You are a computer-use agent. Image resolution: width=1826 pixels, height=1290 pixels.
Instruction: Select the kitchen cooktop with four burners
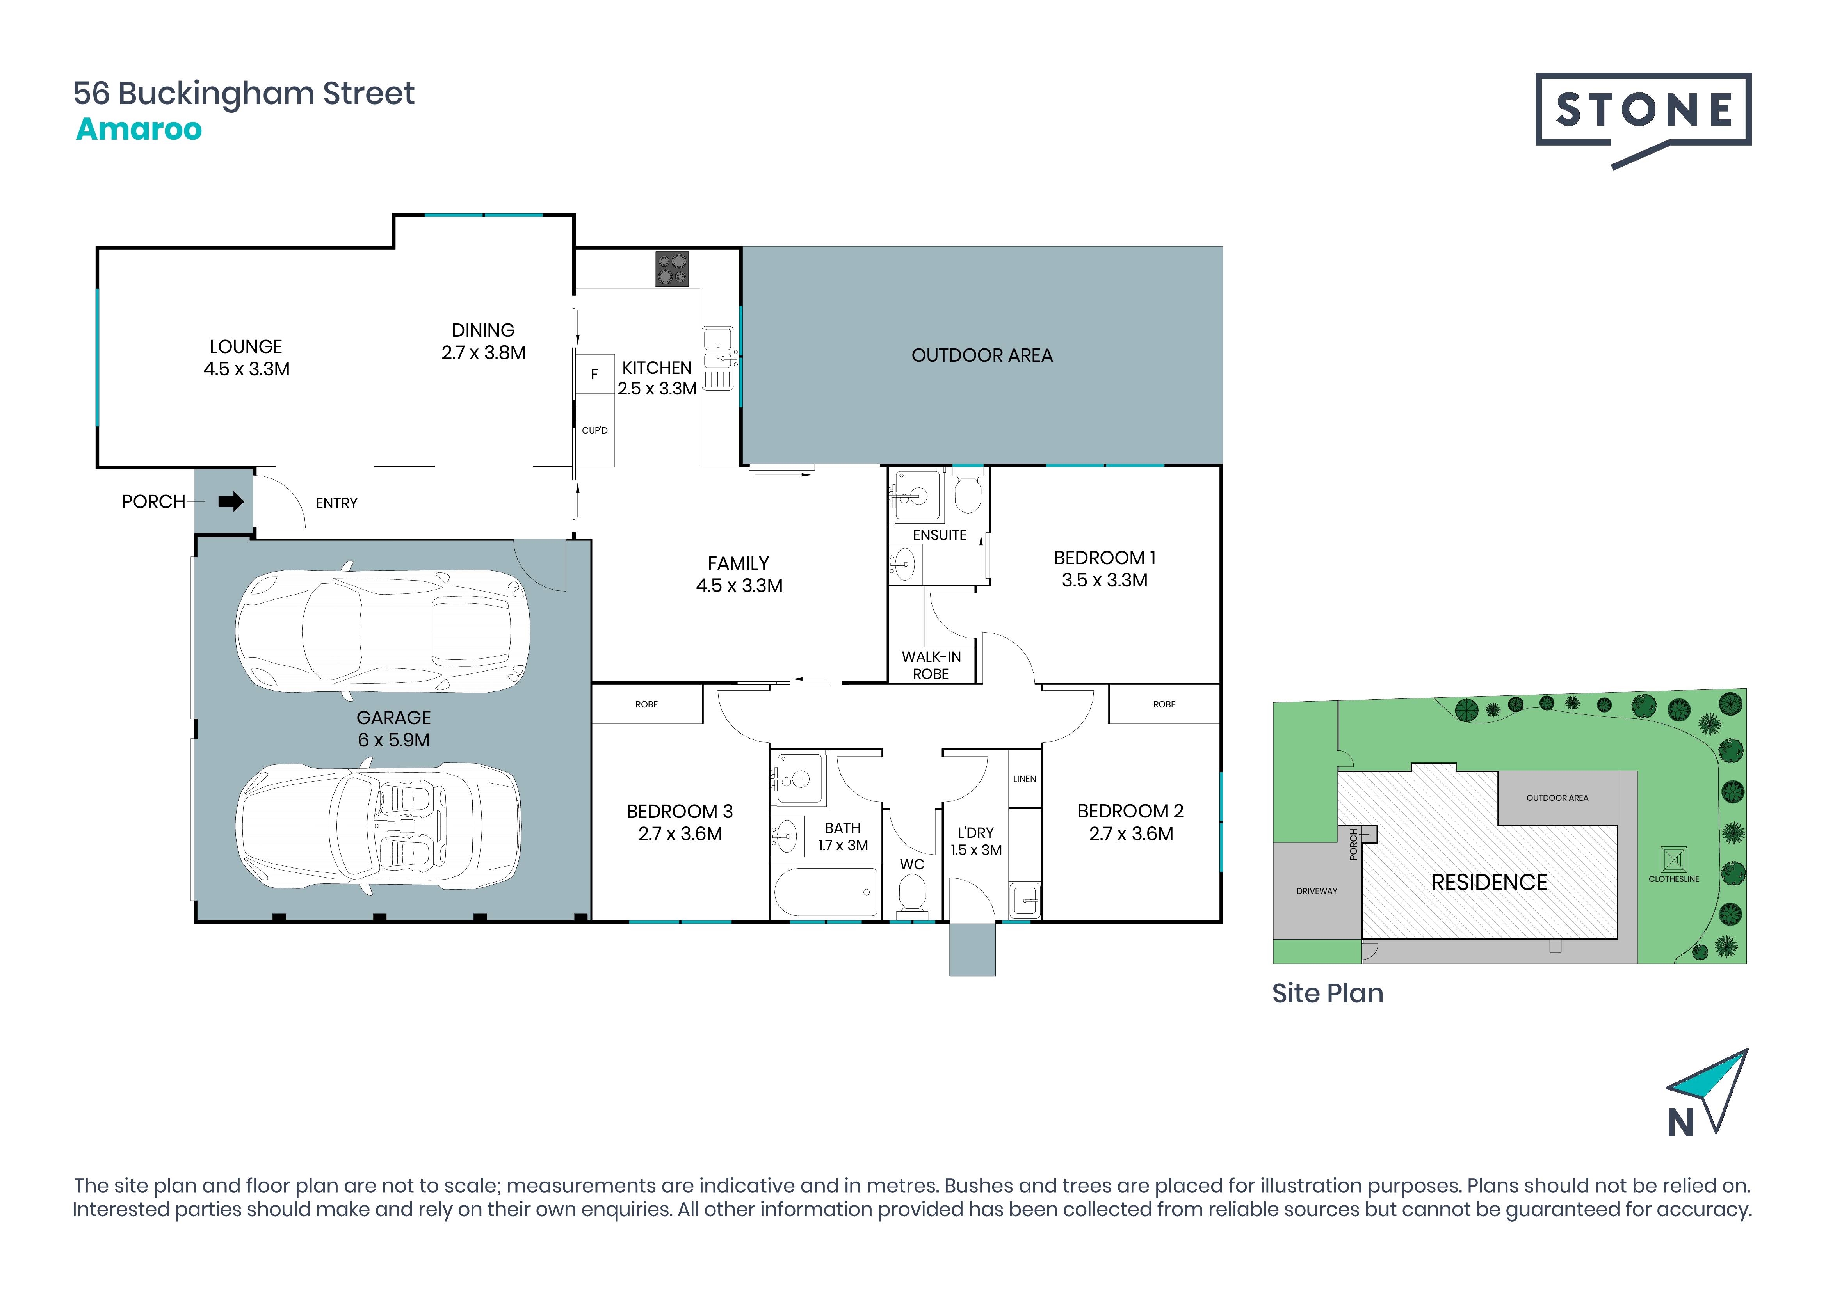pos(672,268)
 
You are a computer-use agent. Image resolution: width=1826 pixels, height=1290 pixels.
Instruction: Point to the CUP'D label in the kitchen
pos(595,430)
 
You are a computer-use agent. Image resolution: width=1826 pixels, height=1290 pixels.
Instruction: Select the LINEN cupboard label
pos(1024,779)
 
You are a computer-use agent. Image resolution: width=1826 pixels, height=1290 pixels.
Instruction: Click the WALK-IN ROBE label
pos(931,665)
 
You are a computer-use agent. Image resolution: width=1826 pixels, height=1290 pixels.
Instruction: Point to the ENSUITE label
pos(939,535)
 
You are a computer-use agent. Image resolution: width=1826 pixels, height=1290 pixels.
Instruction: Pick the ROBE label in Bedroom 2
pos(1164,704)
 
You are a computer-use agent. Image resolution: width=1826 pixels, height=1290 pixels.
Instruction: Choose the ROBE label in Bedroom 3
pos(646,704)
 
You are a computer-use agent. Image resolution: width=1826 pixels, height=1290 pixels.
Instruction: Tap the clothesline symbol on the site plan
pos(1674,859)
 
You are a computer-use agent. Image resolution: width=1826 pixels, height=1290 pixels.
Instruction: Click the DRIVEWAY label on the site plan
pos(1317,891)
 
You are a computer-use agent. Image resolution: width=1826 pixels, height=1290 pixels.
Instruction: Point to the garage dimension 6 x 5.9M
pos(394,740)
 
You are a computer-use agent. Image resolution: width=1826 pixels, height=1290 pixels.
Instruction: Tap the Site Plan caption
pos(1328,993)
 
